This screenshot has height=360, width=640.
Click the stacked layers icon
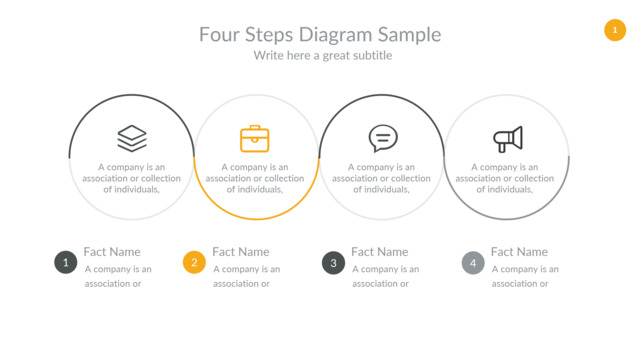click(x=132, y=138)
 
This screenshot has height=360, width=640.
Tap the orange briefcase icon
click(x=255, y=139)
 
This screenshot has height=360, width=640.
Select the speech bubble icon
click(x=383, y=138)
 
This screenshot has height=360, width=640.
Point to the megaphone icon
click(x=508, y=139)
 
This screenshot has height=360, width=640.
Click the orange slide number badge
click(x=615, y=30)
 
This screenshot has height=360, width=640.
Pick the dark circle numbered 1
click(x=66, y=262)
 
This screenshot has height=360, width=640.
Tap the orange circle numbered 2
click(x=194, y=262)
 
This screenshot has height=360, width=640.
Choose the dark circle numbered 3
click(x=333, y=262)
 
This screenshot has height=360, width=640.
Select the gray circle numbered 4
click(x=473, y=262)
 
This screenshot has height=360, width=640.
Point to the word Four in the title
click(x=219, y=34)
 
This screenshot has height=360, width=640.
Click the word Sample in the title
click(x=409, y=35)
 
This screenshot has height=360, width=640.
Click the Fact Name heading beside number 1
click(x=112, y=252)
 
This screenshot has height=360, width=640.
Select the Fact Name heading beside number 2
click(x=241, y=252)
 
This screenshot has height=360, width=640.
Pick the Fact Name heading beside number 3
click(x=380, y=252)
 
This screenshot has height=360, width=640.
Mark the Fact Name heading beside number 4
click(x=519, y=252)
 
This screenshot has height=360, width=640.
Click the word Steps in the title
click(x=269, y=35)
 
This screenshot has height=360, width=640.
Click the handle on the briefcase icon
click(x=255, y=127)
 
